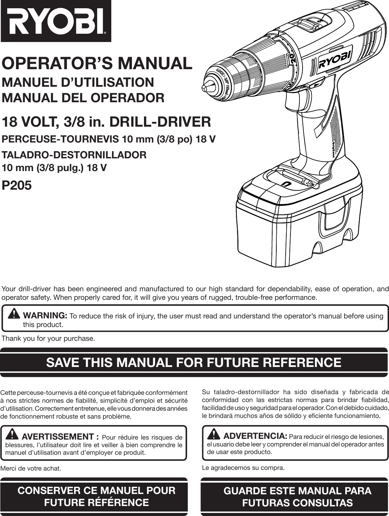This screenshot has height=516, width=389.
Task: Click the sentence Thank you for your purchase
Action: pyautogui.click(x=48, y=339)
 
